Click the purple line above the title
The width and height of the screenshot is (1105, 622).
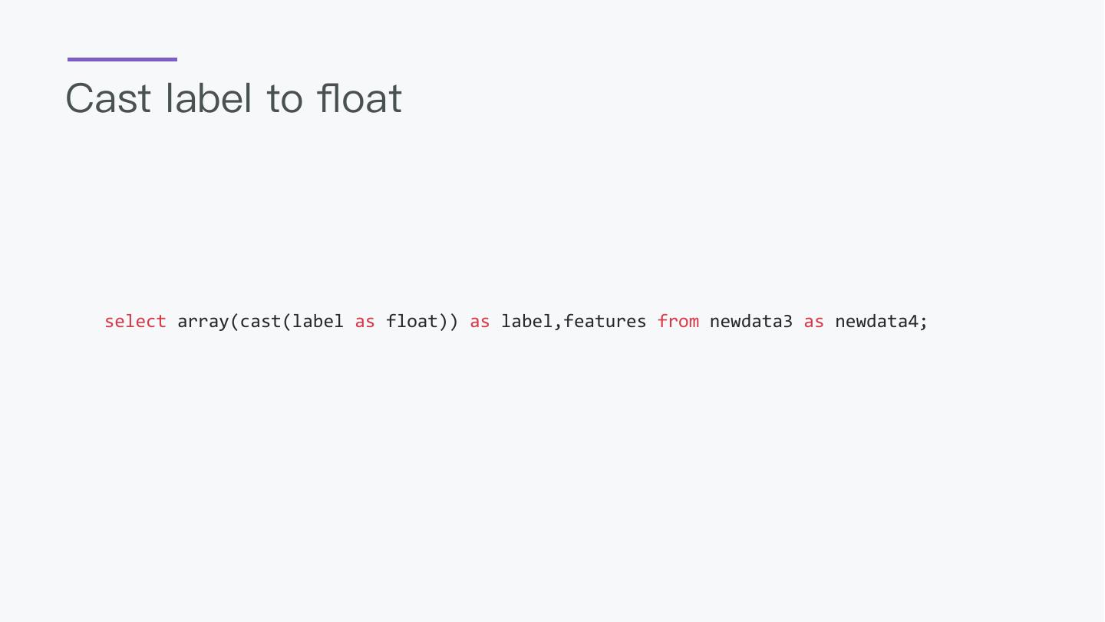point(122,59)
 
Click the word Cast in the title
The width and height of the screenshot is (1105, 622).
point(108,98)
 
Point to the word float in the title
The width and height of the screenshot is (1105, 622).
point(359,98)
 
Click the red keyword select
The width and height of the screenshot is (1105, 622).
point(135,321)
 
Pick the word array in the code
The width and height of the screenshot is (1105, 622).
point(203,321)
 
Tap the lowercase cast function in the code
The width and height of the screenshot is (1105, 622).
point(261,321)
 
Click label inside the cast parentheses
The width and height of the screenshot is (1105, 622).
point(318,321)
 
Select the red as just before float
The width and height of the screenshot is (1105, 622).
point(364,322)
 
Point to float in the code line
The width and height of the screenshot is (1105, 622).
point(412,321)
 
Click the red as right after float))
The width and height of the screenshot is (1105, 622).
point(480,322)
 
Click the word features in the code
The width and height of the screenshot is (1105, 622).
point(605,321)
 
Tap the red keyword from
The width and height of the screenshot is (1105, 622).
point(678,321)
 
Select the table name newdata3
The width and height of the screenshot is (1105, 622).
point(750,321)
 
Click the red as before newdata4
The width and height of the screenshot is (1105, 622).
point(813,322)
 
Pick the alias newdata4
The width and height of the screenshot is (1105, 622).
point(876,321)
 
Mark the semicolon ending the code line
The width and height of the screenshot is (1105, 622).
point(923,323)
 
